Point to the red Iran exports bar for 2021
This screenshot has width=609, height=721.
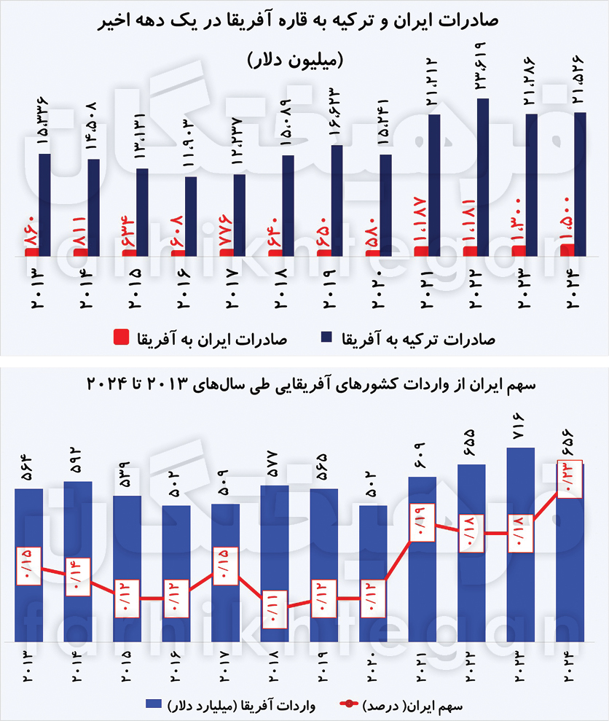pos(420,252)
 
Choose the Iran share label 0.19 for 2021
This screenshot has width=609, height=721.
pos(423,522)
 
